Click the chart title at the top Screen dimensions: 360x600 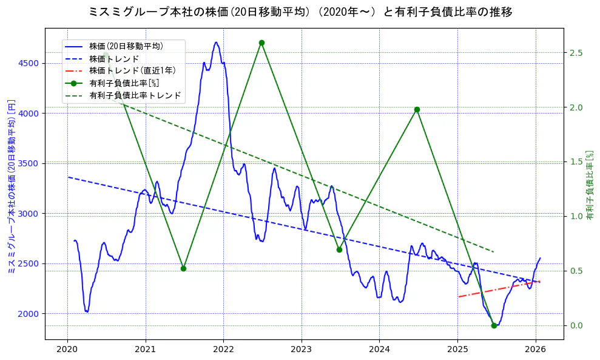300,12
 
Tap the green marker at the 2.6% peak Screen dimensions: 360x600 261,42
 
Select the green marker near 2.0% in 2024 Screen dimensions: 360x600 417,109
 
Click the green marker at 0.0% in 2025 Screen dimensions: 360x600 494,325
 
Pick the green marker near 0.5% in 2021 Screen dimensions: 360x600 183,268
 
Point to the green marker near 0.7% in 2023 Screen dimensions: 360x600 339,250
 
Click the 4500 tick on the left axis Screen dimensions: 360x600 29,63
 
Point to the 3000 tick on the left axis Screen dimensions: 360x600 29,214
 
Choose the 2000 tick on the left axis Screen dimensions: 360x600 29,314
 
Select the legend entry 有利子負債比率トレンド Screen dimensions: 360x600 135,95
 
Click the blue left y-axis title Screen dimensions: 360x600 11,187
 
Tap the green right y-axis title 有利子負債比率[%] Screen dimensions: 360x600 590,185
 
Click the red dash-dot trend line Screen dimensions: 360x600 497,289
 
